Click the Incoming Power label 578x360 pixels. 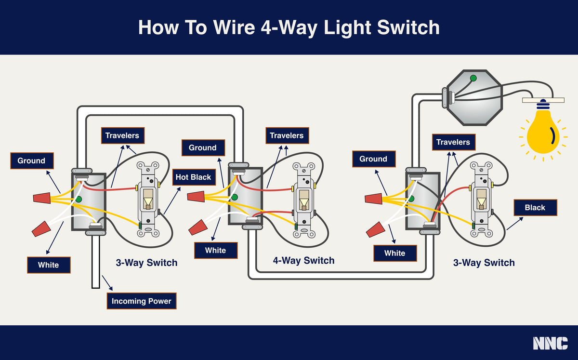[x=141, y=301]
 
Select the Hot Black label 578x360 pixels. [x=193, y=177]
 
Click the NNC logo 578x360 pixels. [x=550, y=343]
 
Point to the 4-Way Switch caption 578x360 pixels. [x=303, y=261]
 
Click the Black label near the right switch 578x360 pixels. [x=535, y=208]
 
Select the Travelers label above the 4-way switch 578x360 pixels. [x=287, y=136]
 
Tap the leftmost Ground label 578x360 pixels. [x=31, y=161]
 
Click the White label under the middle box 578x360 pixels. [x=215, y=250]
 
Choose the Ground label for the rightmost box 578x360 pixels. [x=373, y=159]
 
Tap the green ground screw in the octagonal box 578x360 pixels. [x=473, y=78]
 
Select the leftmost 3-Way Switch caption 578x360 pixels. [x=146, y=263]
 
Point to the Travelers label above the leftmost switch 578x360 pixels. [x=122, y=136]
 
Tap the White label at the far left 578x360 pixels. [x=48, y=265]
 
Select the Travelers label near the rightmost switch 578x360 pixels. [x=453, y=142]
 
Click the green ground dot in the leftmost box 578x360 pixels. [x=78, y=199]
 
